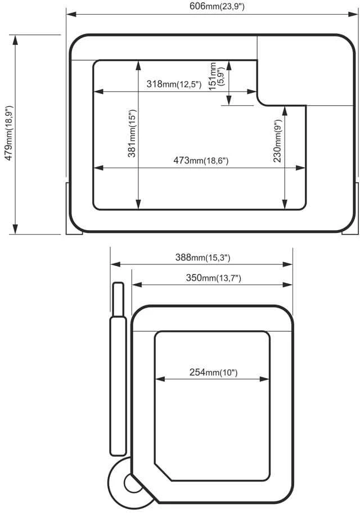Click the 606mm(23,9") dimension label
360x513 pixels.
pyautogui.click(x=217, y=6)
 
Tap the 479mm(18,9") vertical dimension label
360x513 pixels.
pyautogui.click(x=9, y=133)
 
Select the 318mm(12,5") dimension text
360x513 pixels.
pyautogui.click(x=174, y=84)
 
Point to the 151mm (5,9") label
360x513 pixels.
pyautogui.click(x=217, y=76)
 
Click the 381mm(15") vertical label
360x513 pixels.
pyautogui.click(x=132, y=133)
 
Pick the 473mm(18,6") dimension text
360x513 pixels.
pyautogui.click(x=201, y=161)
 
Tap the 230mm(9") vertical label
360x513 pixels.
pyautogui.click(x=277, y=141)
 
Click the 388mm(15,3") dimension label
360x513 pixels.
pyautogui.click(x=202, y=258)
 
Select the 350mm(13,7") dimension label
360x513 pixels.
pyautogui.click(x=213, y=278)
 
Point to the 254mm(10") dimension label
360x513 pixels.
pyautogui.click(x=213, y=372)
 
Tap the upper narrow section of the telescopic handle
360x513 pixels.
pyautogui.click(x=118, y=299)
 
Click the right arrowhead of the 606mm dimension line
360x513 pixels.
pyautogui.click(x=353, y=15)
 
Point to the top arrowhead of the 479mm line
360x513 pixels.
pyautogui.click(x=15, y=40)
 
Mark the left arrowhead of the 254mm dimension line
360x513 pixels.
pyautogui.click(x=160, y=379)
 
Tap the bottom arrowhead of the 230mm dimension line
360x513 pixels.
pyautogui.click(x=285, y=204)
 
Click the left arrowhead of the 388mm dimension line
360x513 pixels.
pyautogui.click(x=115, y=264)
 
